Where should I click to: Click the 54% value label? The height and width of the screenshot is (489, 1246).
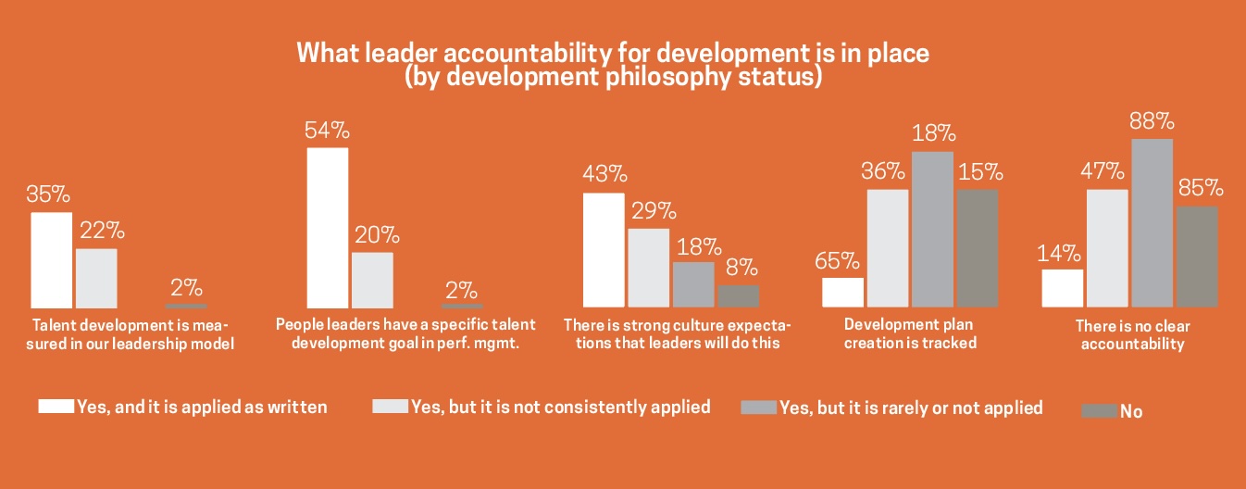pos(327,131)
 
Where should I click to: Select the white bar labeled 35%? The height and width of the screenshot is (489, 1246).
pos(51,259)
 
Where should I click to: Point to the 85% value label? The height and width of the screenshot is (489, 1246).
pos(1201,188)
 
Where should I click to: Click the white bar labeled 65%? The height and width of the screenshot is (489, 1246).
pos(842,292)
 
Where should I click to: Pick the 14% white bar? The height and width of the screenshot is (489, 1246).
pos(1062,288)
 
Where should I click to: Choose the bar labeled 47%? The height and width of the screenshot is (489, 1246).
pos(1106,247)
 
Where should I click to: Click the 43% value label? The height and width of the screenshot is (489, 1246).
pos(603,174)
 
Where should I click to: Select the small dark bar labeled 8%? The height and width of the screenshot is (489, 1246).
pos(738,295)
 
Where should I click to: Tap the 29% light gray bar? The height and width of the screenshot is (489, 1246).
pos(648,267)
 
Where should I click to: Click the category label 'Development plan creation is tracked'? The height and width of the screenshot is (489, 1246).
pos(911,333)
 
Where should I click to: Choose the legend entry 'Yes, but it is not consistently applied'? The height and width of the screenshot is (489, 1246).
pos(560,407)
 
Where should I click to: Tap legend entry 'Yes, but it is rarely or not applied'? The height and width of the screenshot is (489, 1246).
pos(911,407)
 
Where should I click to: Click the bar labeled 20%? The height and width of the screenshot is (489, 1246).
pos(372,279)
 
